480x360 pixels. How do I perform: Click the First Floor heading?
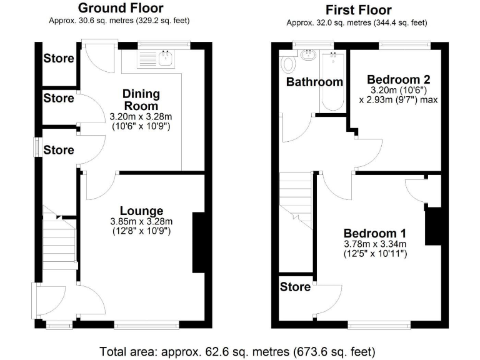(359, 10)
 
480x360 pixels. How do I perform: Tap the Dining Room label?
(141, 100)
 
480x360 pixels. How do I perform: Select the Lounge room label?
(141, 211)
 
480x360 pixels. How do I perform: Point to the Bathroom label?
(314, 82)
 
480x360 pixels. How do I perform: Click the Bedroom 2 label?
(398, 80)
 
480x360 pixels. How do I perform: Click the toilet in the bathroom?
(289, 64)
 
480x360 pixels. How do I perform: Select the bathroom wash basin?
(309, 56)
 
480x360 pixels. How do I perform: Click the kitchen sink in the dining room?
(166, 58)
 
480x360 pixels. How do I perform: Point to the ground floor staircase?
(59, 241)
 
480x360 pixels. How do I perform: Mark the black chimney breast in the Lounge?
(199, 242)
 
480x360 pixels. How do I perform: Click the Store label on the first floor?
(295, 287)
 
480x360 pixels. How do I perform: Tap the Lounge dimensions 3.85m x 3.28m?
(141, 222)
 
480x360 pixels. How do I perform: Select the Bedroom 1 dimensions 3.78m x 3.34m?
(375, 244)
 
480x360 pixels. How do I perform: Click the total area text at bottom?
(237, 351)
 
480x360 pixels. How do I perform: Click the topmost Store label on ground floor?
(59, 59)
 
